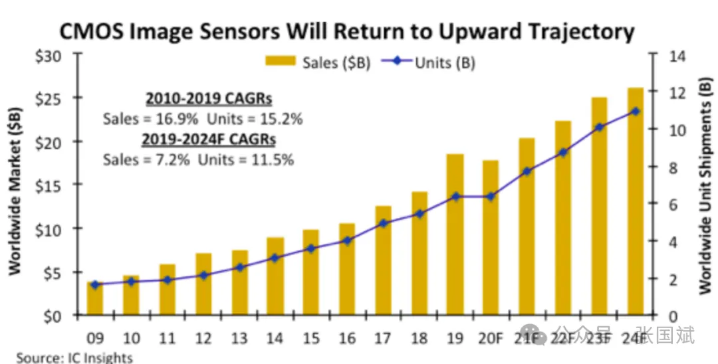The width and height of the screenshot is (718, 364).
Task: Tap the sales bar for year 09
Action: tap(96, 298)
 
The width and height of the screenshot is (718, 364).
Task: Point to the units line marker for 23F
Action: tap(599, 126)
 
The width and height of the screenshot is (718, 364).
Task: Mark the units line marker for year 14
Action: tap(275, 257)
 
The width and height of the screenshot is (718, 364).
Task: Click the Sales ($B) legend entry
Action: tap(319, 62)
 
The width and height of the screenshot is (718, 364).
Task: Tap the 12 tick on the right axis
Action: tap(665, 93)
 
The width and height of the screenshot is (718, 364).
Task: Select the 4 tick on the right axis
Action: tap(665, 242)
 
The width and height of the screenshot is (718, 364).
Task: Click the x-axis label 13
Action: tap(239, 337)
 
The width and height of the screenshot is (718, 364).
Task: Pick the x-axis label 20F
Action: tap(491, 337)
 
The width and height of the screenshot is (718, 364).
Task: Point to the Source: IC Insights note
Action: tap(74, 358)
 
